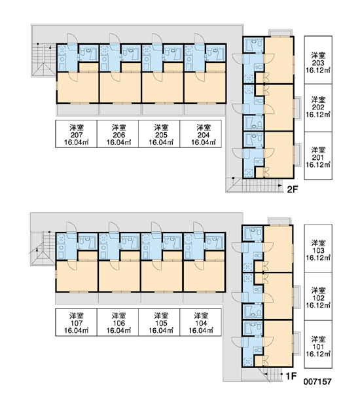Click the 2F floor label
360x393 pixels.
(293, 189)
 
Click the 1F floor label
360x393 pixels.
(291, 376)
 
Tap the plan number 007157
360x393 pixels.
(317, 382)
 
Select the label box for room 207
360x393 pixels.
(76, 134)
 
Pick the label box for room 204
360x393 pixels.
(201, 134)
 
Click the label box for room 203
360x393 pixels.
(318, 60)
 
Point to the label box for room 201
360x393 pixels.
(318, 156)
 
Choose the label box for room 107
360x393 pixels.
(76, 322)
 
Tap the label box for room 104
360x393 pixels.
(201, 322)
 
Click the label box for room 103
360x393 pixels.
(318, 248)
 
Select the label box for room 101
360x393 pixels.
(318, 344)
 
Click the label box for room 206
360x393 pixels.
(118, 134)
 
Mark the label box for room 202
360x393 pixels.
(318, 108)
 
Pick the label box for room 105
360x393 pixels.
(159, 322)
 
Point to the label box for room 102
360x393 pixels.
(318, 296)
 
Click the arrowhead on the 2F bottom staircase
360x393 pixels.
(281, 185)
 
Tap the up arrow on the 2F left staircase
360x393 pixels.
(50, 48)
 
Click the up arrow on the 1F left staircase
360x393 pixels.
(37, 251)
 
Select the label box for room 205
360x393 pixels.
(159, 134)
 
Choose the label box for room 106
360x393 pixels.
(118, 322)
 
